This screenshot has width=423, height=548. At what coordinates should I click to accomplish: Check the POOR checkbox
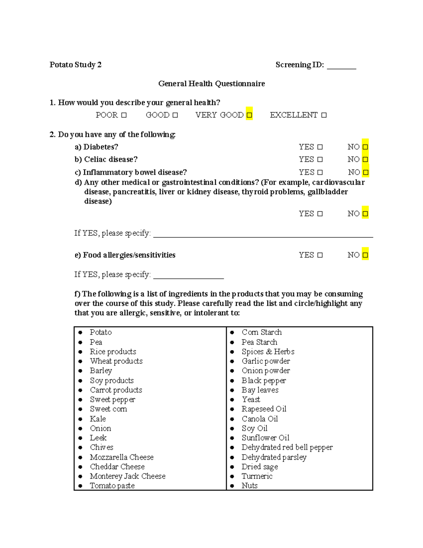pyautogui.click(x=124, y=115)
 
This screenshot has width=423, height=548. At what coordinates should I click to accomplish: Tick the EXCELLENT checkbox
pyautogui.click(x=324, y=115)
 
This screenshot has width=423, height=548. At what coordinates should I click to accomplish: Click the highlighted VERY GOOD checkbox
pyautogui.click(x=249, y=115)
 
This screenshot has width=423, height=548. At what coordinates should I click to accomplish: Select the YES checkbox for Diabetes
pyautogui.click(x=320, y=147)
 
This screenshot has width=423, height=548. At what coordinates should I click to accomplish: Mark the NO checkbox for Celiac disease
pyautogui.click(x=365, y=159)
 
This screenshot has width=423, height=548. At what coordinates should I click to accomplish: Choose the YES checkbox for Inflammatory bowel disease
pyautogui.click(x=320, y=173)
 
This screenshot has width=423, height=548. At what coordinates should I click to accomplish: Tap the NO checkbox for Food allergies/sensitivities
pyautogui.click(x=365, y=255)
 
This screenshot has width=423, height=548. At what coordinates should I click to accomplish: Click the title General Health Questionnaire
pyautogui.click(x=211, y=84)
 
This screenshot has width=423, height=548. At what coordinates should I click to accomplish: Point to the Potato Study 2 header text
pyautogui.click(x=75, y=65)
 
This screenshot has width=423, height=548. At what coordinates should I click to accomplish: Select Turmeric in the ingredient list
pyautogui.click(x=257, y=476)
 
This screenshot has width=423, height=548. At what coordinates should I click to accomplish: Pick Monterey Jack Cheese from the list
pyautogui.click(x=128, y=476)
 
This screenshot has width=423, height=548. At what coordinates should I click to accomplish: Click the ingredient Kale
pyautogui.click(x=98, y=419)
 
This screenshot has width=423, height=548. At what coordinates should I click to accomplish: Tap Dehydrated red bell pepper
pyautogui.click(x=287, y=447)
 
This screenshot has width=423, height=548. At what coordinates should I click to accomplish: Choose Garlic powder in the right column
pyautogui.click(x=266, y=361)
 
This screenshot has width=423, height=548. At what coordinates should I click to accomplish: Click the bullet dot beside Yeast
pyautogui.click(x=232, y=400)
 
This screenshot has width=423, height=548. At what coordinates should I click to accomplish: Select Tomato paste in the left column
pyautogui.click(x=112, y=486)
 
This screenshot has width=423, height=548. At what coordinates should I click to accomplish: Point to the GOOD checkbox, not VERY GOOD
pyautogui.click(x=175, y=115)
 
